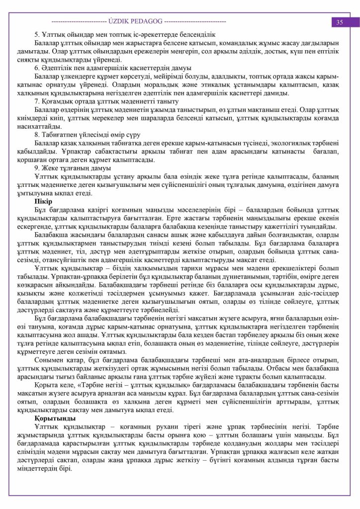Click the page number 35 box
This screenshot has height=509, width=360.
pos(340,22)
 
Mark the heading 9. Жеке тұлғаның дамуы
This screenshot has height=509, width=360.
pos(71,168)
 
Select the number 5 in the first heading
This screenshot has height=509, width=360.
pos(37,35)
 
